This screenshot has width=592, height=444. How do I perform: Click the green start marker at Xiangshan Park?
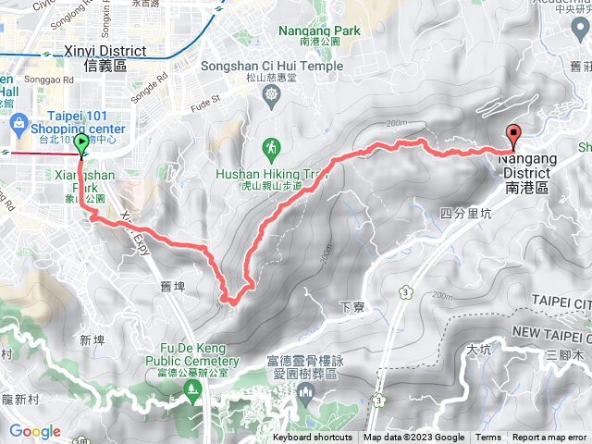(81, 144)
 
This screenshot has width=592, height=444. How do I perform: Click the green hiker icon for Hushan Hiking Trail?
(271, 146)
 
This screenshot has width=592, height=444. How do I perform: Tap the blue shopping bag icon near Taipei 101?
(18, 123)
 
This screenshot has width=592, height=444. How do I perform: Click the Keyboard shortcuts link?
(313, 438)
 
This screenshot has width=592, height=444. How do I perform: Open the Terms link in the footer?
(488, 438)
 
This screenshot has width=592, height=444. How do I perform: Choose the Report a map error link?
(549, 438)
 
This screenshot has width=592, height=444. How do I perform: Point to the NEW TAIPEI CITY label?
(549, 331)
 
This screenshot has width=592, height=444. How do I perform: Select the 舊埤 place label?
(174, 287)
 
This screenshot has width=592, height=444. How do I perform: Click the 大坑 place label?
(478, 351)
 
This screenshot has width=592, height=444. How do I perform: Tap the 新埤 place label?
(92, 339)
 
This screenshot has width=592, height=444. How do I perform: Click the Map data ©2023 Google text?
(413, 438)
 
